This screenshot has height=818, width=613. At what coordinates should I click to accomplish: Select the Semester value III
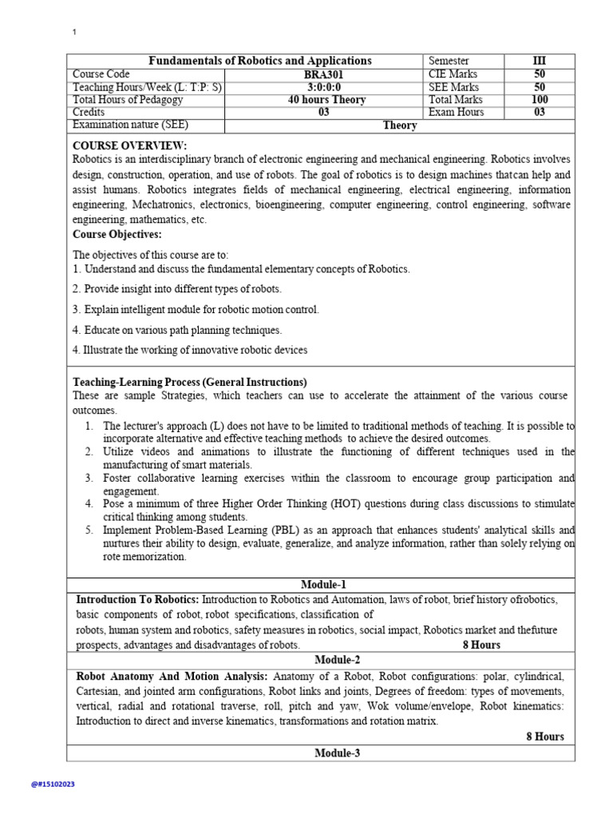tap(540, 62)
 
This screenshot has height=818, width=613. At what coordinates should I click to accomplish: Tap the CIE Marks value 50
tap(540, 74)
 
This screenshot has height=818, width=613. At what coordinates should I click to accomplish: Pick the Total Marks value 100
tap(540, 100)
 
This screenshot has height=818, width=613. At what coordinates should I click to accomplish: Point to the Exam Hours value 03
tap(540, 113)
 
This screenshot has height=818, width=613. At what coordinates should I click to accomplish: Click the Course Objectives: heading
tap(117, 234)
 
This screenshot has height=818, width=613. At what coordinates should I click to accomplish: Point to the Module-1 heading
tap(323, 585)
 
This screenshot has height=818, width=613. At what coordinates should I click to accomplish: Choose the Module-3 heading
tap(337, 752)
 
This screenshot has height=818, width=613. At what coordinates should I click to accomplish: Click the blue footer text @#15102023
tap(53, 784)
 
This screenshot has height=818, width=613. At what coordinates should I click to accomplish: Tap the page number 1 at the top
tap(74, 32)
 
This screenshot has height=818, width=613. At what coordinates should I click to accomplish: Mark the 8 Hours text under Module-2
tap(545, 737)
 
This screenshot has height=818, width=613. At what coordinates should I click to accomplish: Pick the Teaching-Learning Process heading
tap(190, 382)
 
